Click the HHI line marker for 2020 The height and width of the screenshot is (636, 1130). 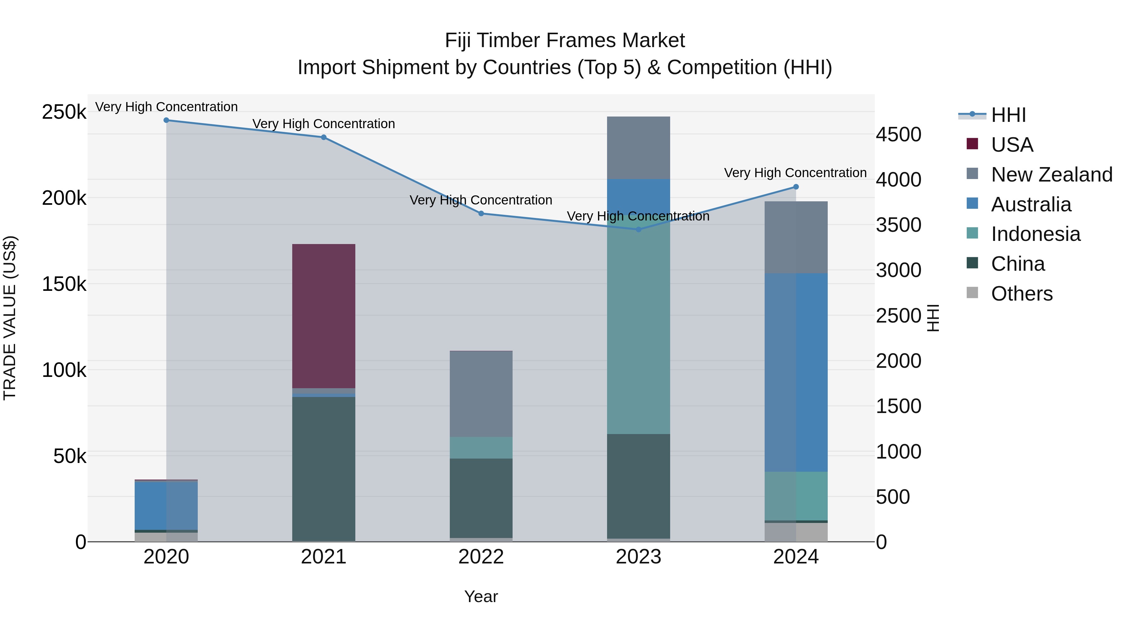click(x=166, y=120)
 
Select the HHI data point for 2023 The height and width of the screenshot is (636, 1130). click(x=638, y=230)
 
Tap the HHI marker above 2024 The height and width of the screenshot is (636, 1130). click(x=796, y=187)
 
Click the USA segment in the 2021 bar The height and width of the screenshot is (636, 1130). click(x=324, y=316)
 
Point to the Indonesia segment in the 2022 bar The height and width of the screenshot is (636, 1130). click(x=481, y=448)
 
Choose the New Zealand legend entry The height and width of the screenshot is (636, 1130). click(x=1052, y=175)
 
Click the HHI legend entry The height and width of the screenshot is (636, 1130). click(x=1008, y=115)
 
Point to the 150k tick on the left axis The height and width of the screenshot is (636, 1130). click(x=64, y=284)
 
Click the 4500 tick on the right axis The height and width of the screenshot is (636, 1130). click(x=898, y=134)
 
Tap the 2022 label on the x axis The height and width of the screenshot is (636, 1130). click(x=481, y=557)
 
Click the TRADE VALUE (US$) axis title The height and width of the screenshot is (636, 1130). click(x=10, y=318)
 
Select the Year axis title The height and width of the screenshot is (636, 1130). click(x=481, y=596)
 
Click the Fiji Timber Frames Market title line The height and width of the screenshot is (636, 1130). click(x=565, y=41)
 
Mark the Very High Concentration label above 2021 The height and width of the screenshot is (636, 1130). click(x=324, y=124)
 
